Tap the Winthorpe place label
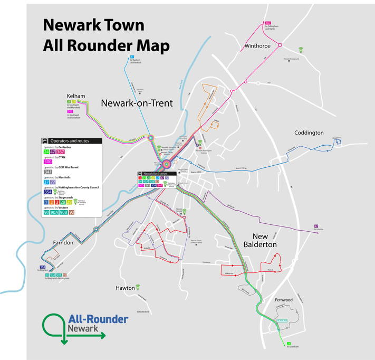258,46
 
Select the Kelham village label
76,96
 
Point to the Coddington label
309,132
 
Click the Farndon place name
63,243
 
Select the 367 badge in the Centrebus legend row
61,151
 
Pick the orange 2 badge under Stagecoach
51,202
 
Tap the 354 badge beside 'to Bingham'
43,267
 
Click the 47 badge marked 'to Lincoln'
315,226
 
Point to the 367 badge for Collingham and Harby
268,23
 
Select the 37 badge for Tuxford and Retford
132,56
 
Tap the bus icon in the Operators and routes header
46,141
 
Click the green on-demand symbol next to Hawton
138,287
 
